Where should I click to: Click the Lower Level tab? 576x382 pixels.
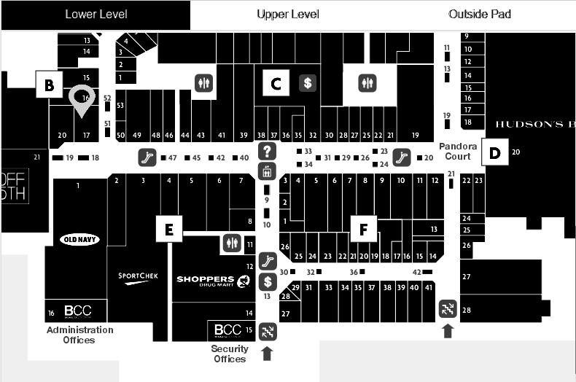95,15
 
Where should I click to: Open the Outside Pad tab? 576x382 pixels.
480,15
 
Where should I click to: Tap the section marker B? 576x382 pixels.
49,85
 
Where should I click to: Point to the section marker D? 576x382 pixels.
495,153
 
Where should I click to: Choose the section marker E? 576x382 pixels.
168,230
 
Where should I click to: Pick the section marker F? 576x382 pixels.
363,229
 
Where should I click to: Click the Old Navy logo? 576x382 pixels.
79,240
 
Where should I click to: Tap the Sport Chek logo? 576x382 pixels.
138,276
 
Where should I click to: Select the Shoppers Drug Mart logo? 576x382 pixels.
205,280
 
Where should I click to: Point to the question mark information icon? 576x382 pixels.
268,152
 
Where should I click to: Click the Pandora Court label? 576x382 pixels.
458,151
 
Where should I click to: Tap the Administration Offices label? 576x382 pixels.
80,335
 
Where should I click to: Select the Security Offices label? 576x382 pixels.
230,354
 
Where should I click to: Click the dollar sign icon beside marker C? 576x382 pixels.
308,83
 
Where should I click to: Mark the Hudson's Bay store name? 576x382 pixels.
535,124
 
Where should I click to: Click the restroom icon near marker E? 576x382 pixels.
231,243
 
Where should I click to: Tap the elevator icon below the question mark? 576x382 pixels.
268,171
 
